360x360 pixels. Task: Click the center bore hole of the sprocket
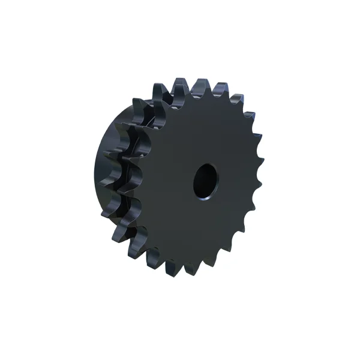coord(205,179)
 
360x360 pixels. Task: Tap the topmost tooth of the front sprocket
coord(200,83)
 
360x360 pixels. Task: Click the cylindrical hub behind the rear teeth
coord(103,174)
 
